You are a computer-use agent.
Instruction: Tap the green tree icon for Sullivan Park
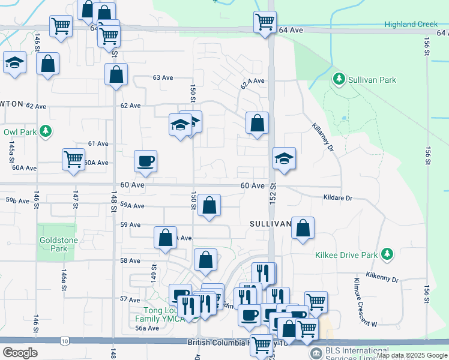[x=339, y=79]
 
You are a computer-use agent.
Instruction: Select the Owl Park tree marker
[x=44, y=132]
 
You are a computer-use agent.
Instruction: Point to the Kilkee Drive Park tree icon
[x=387, y=255]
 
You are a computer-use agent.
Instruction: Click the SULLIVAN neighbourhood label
[x=270, y=224]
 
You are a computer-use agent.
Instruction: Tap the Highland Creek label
[x=411, y=25]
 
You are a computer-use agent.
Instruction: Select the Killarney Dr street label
[x=322, y=137]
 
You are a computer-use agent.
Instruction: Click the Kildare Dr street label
[x=337, y=197]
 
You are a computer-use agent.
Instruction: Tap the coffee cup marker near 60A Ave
[x=146, y=160]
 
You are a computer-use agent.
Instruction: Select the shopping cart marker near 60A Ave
[x=73, y=159]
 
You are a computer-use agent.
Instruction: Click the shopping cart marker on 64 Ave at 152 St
[x=265, y=22]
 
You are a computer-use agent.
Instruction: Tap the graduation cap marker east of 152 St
[x=285, y=158]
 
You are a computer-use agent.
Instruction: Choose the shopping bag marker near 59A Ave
[x=209, y=205]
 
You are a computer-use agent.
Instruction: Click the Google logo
[x=20, y=353]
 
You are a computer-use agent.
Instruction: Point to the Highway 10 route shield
[x=64, y=341]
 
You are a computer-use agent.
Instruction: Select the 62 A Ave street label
[x=252, y=83]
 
